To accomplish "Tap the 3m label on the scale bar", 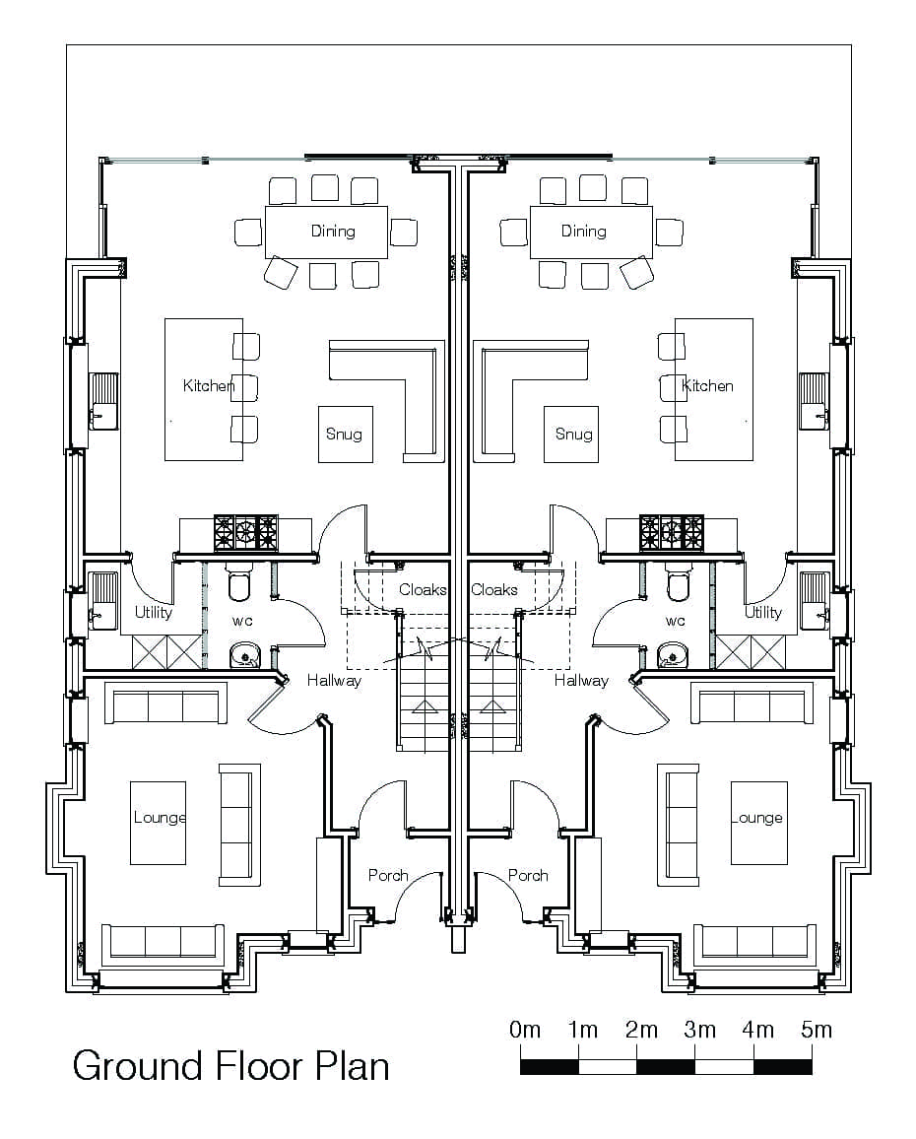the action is pos(699,1030).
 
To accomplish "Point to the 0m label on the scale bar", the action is pos(524,1030).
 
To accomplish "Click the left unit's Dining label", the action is pos(334,231).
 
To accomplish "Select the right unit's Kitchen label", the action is pos(707,385).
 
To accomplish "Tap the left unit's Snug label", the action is pos(344,435).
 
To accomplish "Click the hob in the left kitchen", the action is pos(245,532).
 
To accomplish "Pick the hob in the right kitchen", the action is pos(672,532).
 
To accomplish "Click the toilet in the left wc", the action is pos(239,581).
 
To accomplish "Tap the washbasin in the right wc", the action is pos(672,655).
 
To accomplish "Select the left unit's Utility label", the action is pos(154,612).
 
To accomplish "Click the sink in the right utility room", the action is pos(814,601).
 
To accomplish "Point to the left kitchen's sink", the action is pos(103,401).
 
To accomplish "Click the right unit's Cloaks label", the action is pos(494,590).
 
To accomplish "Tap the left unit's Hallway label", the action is pos(334,681).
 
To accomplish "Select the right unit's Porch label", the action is pos(528,875).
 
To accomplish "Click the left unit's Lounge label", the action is pos(160,818).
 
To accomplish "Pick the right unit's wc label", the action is pos(676,621).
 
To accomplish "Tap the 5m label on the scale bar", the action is pos(817,1030).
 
